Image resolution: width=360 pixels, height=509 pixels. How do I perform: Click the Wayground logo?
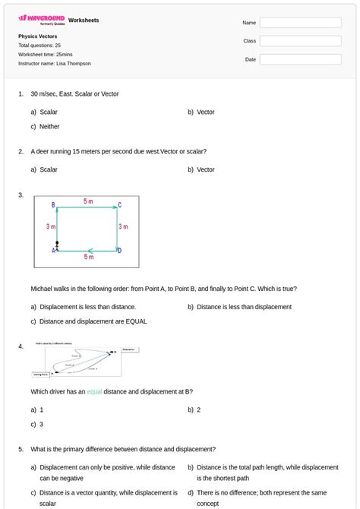42,18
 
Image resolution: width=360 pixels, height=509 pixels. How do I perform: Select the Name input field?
300,23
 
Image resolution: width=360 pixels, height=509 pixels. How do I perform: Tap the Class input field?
300,41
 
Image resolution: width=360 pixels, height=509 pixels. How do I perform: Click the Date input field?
300,59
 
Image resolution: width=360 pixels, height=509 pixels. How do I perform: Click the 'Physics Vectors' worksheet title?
38,36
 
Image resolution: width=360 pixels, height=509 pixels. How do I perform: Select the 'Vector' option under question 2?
205,170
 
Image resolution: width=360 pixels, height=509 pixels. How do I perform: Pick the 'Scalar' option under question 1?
48,112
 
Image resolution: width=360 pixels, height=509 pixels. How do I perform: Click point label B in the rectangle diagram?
53,205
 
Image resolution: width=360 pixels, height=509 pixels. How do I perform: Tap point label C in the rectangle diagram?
119,205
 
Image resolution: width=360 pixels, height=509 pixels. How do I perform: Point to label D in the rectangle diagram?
119,251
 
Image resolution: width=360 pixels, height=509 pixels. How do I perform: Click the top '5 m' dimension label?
88,201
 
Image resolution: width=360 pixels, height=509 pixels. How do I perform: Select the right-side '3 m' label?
123,226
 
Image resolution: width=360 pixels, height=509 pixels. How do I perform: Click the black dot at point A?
57,244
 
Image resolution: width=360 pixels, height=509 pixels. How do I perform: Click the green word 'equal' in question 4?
94,392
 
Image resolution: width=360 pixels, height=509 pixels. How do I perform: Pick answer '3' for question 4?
41,425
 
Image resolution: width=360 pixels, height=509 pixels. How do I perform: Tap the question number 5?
21,450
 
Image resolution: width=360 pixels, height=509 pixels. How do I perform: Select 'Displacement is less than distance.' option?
87,307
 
